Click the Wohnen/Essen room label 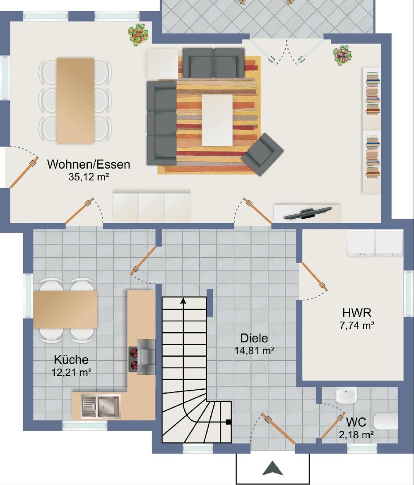[89, 164]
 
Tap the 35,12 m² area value [89, 177]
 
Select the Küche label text [71, 360]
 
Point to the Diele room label [254, 338]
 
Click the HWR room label [357, 313]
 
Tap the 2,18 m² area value [356, 435]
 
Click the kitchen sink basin [108, 406]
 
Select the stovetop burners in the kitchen [133, 359]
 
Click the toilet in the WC [385, 421]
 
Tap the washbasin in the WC [346, 395]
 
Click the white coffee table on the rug [217, 120]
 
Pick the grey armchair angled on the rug [262, 154]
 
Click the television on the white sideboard [308, 213]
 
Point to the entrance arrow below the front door [272, 468]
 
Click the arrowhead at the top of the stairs [183, 300]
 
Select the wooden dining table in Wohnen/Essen [75, 101]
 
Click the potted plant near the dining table [139, 34]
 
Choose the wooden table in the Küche [65, 309]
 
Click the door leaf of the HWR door [315, 277]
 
